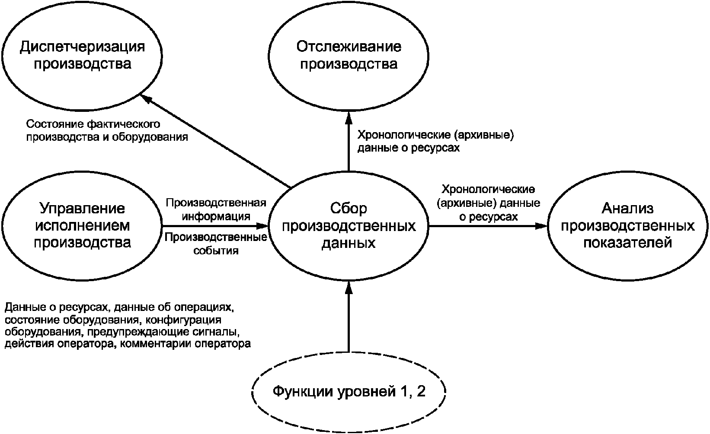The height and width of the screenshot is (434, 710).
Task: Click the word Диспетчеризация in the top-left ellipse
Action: (82, 47)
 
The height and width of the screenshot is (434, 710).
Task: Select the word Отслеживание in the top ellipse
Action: (349, 47)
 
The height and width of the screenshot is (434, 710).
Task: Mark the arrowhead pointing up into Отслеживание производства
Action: (349, 116)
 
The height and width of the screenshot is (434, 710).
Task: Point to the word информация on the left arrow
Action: (216, 216)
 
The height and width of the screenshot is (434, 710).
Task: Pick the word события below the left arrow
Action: (216, 250)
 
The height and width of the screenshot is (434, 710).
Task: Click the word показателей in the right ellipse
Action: (628, 243)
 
